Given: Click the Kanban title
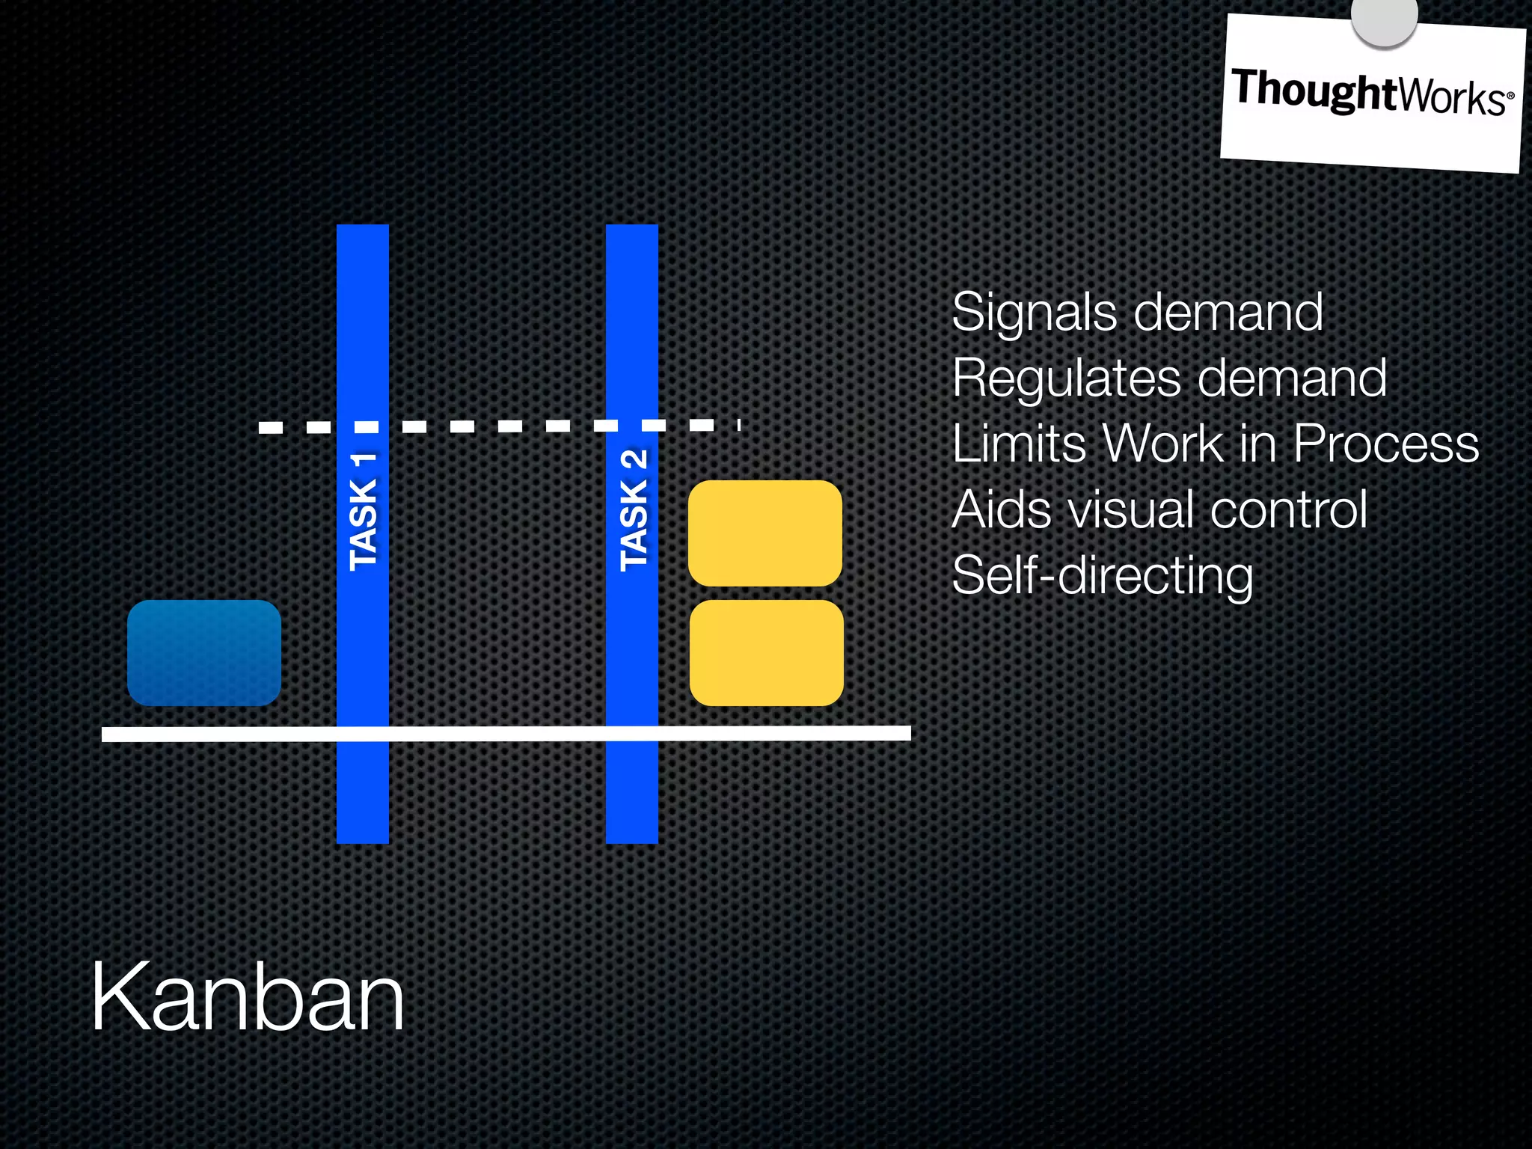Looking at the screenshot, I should (x=247, y=998).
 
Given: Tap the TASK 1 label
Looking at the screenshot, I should (x=364, y=512).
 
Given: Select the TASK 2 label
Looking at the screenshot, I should (x=634, y=512).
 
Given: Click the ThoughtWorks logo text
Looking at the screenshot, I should (x=1372, y=93).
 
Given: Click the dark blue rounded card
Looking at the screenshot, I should (x=204, y=652).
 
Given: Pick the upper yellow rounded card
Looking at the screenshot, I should (x=765, y=533).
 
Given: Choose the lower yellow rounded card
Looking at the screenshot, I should (x=767, y=652).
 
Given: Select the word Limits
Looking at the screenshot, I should (x=1018, y=444).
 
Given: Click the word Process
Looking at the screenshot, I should (x=1386, y=444).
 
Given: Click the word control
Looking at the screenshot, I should (x=1289, y=509).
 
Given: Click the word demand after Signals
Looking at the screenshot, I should (x=1228, y=312).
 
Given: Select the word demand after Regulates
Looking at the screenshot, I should (x=1292, y=378).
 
